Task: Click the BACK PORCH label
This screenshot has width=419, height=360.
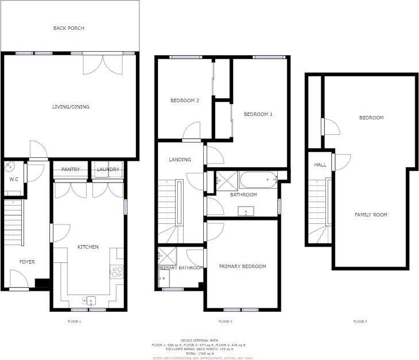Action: [x=69, y=28]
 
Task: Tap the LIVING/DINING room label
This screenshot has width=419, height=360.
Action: [x=71, y=107]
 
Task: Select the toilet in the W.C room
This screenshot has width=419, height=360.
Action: [x=9, y=167]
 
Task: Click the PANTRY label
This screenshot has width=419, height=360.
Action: [x=71, y=169]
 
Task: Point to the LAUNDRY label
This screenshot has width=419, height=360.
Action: [x=108, y=169]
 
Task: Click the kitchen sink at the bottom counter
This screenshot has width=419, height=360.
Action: [x=91, y=300]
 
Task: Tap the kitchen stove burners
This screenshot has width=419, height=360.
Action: [x=117, y=272]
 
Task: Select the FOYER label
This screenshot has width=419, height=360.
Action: [x=27, y=262]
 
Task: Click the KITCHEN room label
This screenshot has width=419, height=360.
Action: [x=88, y=247]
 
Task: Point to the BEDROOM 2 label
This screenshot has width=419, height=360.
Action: [x=184, y=100]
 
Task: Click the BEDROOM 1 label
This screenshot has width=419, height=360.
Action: [x=258, y=114]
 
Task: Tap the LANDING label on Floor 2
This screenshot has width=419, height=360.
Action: [x=180, y=160]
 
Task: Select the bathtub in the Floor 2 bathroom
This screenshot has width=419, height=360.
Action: [x=258, y=181]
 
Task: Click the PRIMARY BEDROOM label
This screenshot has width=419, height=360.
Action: [x=242, y=266]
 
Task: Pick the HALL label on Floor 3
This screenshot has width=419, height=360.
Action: [x=320, y=165]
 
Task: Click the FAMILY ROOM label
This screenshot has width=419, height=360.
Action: [x=370, y=215]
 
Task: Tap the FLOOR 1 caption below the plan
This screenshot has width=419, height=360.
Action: [x=74, y=322]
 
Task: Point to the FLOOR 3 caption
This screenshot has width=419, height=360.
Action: [x=359, y=322]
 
